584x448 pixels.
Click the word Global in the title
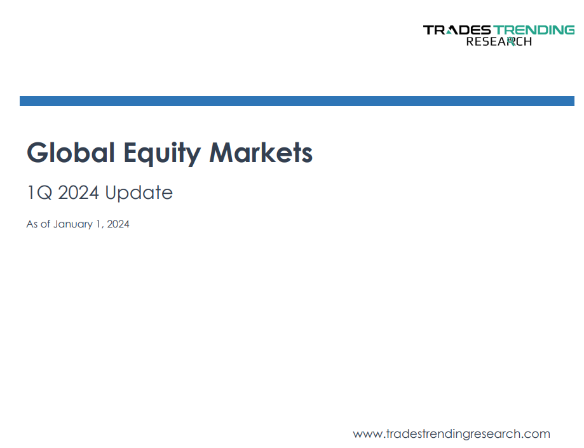(71, 153)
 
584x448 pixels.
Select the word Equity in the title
(162, 154)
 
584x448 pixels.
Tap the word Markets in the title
(261, 153)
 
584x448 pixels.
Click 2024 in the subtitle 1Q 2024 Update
(79, 193)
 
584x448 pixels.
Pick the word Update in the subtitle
(139, 193)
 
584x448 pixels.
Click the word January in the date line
(73, 224)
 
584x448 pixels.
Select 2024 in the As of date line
(118, 224)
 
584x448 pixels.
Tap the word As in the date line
(32, 224)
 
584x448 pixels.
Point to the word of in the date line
(45, 224)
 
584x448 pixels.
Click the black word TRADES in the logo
(458, 30)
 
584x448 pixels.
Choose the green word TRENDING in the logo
(534, 30)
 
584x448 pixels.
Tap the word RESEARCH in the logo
(499, 41)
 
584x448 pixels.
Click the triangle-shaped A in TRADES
(451, 31)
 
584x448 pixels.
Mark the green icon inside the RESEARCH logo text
(511, 41)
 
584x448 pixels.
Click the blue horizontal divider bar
(297, 101)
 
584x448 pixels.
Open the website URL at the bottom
(451, 434)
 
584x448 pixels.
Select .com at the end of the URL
(535, 435)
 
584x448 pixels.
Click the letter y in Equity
(194, 156)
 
